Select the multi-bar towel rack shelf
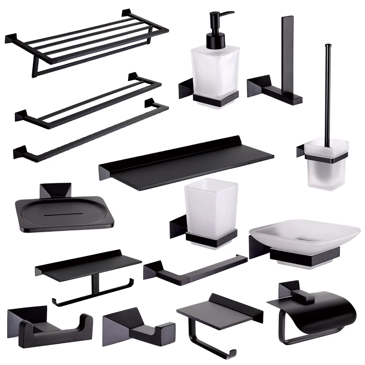pos(88,40)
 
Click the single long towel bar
pos(91,131)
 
